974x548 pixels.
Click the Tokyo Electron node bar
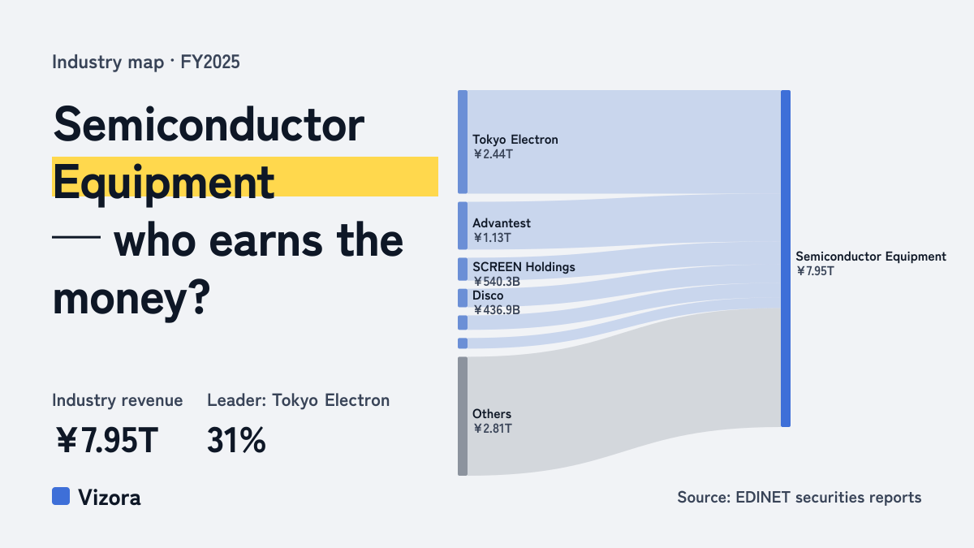tap(463, 142)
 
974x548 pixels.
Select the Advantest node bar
tap(463, 226)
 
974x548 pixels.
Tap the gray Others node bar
tap(463, 416)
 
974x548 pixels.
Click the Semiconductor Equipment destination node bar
tap(786, 258)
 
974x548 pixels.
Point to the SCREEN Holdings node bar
tap(463, 270)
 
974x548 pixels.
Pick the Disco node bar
tap(463, 298)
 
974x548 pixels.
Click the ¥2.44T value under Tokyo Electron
tap(493, 154)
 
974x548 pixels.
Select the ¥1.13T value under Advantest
tap(492, 238)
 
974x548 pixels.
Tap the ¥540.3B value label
tap(497, 282)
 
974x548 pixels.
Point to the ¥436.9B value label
tap(497, 309)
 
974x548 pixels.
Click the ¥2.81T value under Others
tap(493, 429)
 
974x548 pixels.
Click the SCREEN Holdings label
tap(524, 267)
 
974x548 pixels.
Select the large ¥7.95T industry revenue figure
tap(107, 440)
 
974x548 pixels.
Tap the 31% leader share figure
tap(236, 440)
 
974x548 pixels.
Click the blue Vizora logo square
tap(61, 496)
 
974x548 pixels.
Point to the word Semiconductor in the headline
tap(209, 125)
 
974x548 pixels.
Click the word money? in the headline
tap(131, 299)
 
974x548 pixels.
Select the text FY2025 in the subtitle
tap(210, 63)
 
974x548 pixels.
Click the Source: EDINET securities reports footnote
tap(799, 497)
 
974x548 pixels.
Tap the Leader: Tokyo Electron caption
tap(299, 400)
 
